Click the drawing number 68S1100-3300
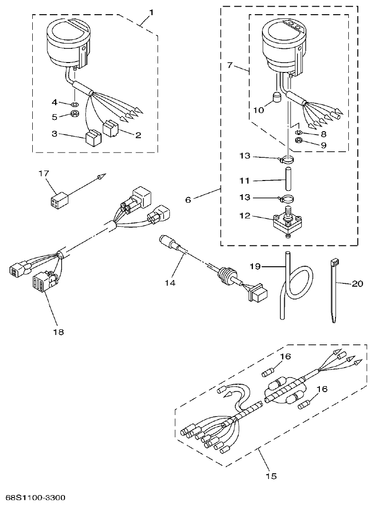coord(36,498)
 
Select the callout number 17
coord(43,173)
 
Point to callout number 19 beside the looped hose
coord(255,266)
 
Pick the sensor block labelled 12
coord(286,222)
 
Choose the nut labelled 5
coord(75,115)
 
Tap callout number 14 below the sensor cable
coord(170,283)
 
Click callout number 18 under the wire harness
coord(59,332)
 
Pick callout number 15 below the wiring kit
coord(271,476)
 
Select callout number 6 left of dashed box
coord(188,200)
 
